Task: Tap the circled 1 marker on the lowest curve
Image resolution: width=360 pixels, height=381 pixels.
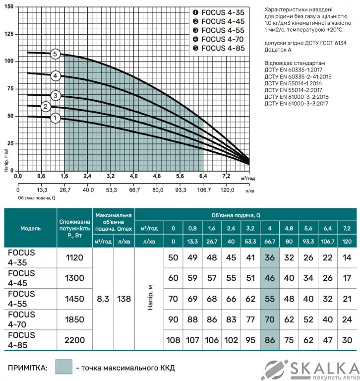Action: pos(55,118)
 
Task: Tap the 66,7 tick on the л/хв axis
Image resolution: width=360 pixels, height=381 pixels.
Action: pos(134,190)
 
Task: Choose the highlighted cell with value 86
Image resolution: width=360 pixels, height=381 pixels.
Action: pos(270,340)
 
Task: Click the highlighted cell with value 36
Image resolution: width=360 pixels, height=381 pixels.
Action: pos(270,257)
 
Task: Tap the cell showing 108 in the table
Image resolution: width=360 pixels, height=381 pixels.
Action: pos(173,340)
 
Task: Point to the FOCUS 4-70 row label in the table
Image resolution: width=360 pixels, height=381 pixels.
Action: pos(22,319)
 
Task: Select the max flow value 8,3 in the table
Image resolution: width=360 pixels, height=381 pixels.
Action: pos(104,299)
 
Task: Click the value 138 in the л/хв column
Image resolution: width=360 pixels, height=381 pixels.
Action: pos(124,299)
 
